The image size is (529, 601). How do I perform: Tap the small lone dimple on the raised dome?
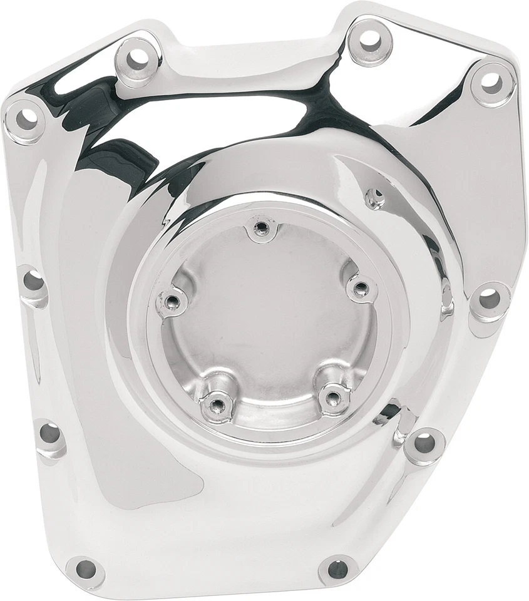pyautogui.click(x=375, y=198)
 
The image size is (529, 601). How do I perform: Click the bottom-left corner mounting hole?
pyautogui.click(x=85, y=569)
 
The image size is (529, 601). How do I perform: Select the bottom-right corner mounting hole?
pyautogui.click(x=337, y=568)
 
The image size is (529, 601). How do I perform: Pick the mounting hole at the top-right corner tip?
pyautogui.click(x=493, y=81)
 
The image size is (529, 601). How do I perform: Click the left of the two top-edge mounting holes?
pyautogui.click(x=136, y=58)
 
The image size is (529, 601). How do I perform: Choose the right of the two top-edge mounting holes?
pyautogui.click(x=370, y=40)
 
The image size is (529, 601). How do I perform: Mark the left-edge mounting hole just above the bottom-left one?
pyautogui.click(x=49, y=433)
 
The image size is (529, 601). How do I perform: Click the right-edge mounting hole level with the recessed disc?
pyautogui.click(x=490, y=299)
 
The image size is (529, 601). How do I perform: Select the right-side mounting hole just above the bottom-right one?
pyautogui.click(x=425, y=443)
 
